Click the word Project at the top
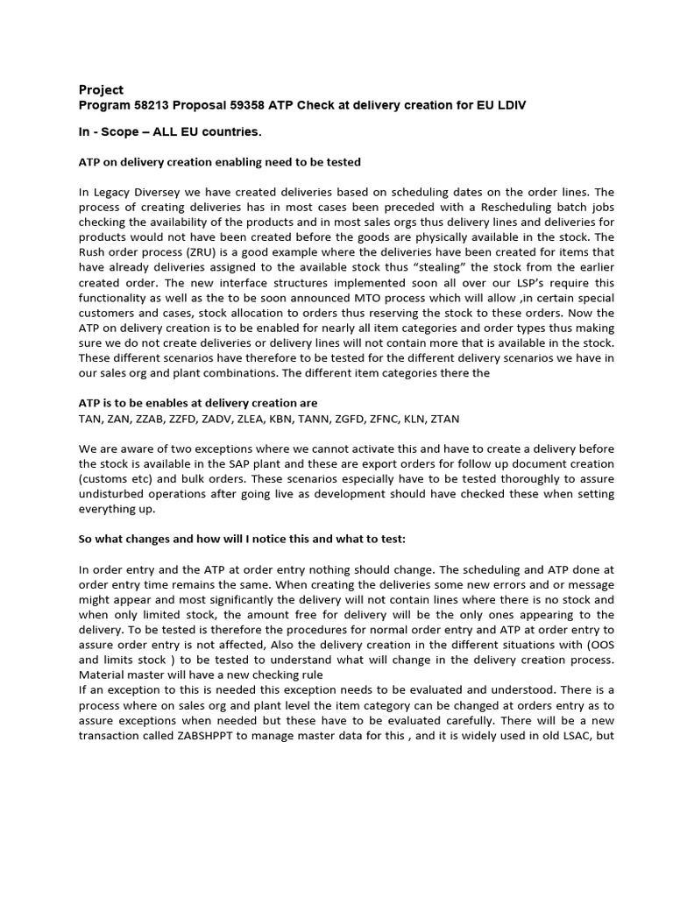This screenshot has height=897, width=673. (x=101, y=90)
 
